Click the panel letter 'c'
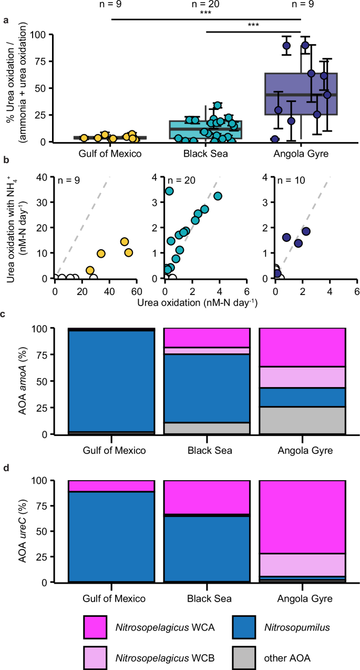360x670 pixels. (x=5, y=314)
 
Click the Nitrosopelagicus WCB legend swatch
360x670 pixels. (x=95, y=654)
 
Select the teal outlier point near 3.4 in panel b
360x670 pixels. (x=169, y=191)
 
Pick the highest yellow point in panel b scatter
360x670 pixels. (x=125, y=242)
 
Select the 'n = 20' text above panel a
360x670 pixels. (x=206, y=5)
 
